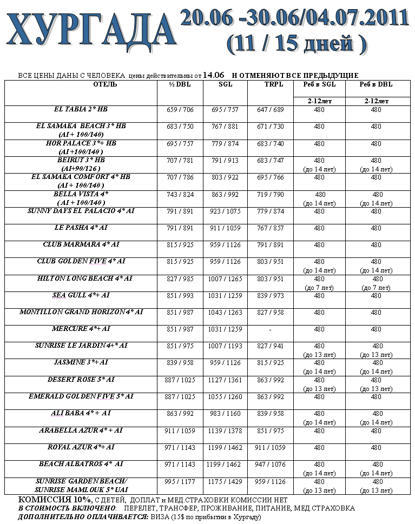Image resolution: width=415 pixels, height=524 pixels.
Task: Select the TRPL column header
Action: point(270,84)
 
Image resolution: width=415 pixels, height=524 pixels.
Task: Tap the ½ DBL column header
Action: point(180,84)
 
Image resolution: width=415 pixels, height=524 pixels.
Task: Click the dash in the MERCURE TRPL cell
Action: point(270,329)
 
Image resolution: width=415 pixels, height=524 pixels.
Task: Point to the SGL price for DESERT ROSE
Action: point(225,380)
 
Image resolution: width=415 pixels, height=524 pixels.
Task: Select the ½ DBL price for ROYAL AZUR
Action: point(180,447)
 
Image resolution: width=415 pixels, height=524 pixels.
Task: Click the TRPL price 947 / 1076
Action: point(270,464)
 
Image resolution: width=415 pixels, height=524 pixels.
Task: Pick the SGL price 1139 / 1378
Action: point(225,430)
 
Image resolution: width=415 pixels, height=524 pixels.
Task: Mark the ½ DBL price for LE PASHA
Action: point(180,228)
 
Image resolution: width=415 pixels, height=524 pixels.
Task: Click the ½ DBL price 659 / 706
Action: point(180,110)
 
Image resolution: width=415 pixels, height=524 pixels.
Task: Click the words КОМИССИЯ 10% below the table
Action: point(54,500)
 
